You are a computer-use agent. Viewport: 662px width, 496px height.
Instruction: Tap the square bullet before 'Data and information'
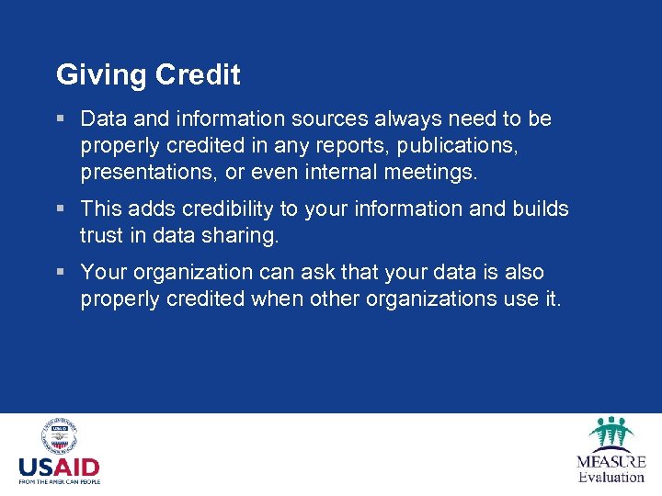click(61, 119)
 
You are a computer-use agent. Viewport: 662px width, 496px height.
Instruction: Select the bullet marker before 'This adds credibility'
click(61, 209)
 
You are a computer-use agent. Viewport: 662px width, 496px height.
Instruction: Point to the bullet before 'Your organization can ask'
click(61, 273)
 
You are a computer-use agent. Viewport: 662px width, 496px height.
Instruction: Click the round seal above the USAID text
click(59, 437)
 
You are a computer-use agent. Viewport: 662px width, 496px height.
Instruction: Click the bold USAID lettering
click(59, 468)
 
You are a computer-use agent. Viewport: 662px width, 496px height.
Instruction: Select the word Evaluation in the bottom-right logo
click(611, 477)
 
